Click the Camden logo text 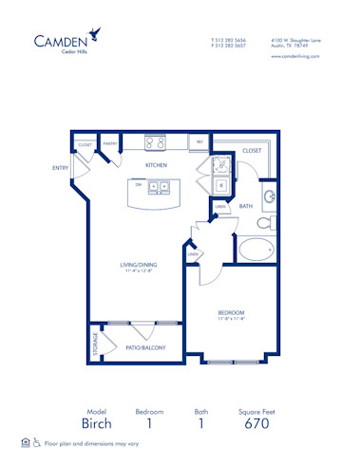tap(63, 40)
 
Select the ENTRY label tap(61, 168)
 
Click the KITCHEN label tap(156, 165)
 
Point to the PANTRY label tap(109, 144)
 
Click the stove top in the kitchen tap(156, 143)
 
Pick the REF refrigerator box tap(199, 142)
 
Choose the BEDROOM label tap(231, 312)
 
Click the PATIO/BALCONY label tap(146, 348)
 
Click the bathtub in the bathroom tap(256, 251)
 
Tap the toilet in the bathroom tap(265, 224)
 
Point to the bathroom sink tap(269, 197)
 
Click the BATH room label tap(245, 206)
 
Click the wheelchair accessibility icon tap(36, 442)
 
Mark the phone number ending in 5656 tap(228, 40)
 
